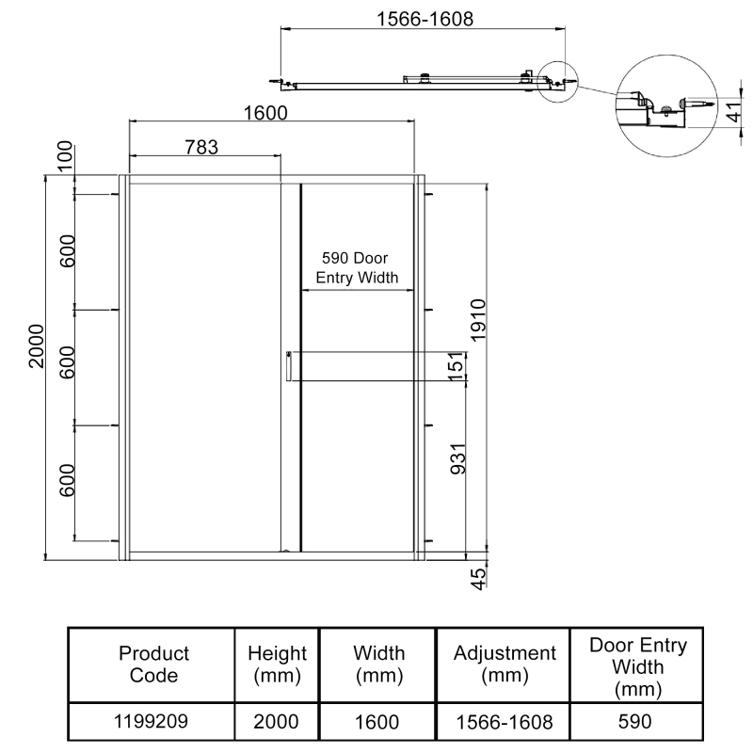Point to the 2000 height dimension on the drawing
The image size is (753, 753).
[x=36, y=346]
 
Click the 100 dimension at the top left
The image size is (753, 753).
[x=65, y=156]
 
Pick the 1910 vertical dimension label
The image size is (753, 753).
[x=477, y=322]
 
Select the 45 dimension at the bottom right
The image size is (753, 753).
[x=477, y=577]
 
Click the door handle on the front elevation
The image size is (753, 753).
[x=288, y=367]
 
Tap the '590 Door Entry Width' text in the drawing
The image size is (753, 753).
[x=356, y=267]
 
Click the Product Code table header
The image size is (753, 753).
[x=153, y=664]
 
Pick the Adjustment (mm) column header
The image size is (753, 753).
[x=505, y=664]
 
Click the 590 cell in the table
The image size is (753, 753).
[x=636, y=722]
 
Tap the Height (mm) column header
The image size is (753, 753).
[x=277, y=664]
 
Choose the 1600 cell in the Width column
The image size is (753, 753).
[x=379, y=722]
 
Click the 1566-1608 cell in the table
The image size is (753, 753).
[x=505, y=722]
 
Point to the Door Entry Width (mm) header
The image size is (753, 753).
[x=637, y=667]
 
